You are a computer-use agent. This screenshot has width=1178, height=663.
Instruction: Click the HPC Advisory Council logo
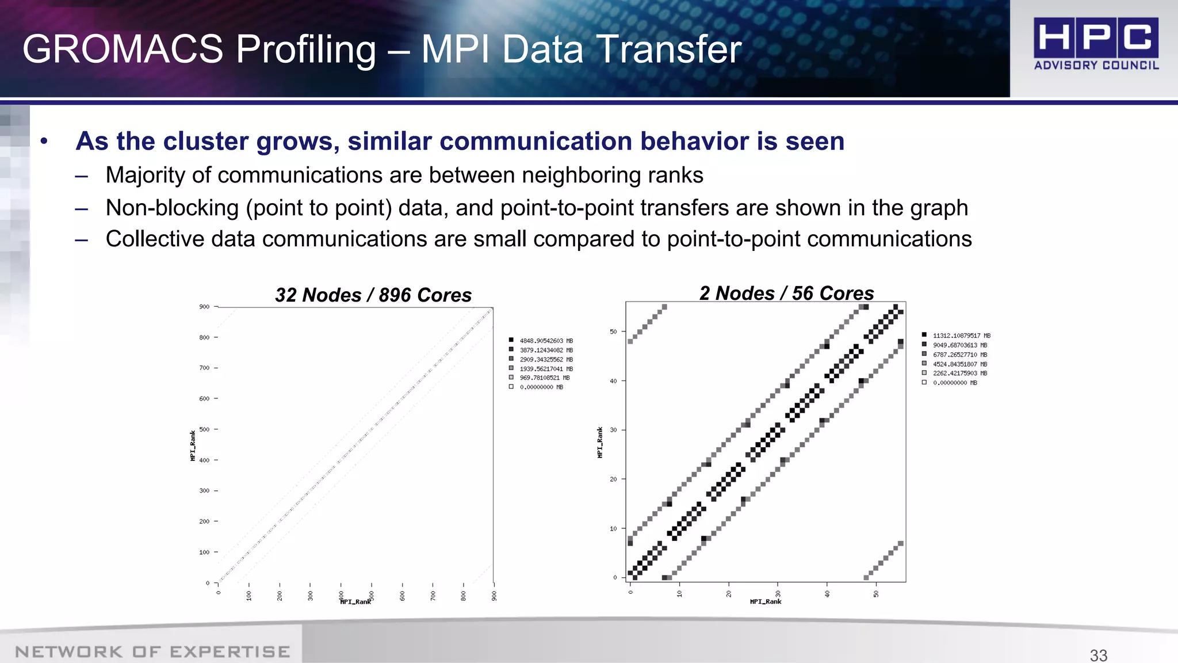(1096, 44)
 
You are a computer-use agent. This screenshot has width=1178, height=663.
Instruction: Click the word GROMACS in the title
(123, 49)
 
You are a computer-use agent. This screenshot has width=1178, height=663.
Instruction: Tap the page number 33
(1098, 655)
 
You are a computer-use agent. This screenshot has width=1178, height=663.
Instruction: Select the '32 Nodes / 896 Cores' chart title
(373, 295)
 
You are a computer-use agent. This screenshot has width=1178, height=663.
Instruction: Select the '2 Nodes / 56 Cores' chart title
(786, 293)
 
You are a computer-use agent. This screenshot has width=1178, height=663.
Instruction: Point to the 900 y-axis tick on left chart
(204, 307)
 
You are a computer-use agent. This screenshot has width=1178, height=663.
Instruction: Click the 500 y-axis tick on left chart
(204, 429)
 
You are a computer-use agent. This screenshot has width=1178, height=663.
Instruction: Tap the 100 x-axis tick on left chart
(249, 595)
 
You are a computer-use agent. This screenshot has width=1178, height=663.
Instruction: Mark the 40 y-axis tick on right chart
(613, 381)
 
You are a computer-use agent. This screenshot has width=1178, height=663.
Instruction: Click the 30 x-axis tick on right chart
(778, 593)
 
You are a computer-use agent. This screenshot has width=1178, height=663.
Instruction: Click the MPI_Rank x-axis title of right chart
(766, 601)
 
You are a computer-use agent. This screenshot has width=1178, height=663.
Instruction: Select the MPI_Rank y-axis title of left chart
(193, 445)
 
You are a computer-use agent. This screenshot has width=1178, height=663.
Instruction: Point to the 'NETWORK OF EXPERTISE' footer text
(152, 651)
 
